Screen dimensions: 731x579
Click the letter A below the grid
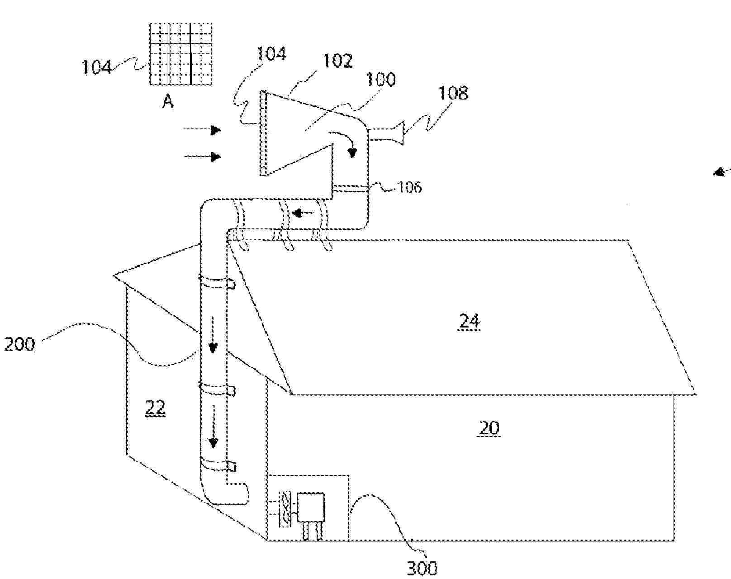pos(168,101)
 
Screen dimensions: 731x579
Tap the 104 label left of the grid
pos(97,67)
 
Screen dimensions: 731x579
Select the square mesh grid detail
pos(180,54)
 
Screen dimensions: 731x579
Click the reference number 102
pos(337,61)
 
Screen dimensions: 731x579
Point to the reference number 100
pos(380,80)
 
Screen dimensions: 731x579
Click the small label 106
pos(410,187)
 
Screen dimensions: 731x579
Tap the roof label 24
pos(470,321)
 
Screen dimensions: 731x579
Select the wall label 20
pos(489,428)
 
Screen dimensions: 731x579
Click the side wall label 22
pos(155,408)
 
